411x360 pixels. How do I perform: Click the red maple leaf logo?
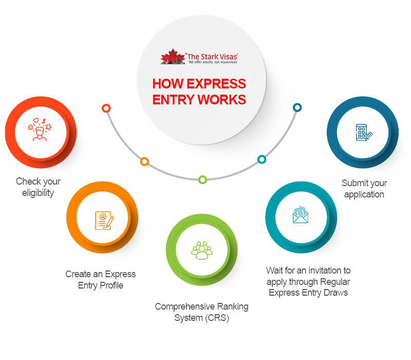point(173,56)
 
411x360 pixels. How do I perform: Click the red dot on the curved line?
point(106,108)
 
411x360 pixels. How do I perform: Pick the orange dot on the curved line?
point(144,161)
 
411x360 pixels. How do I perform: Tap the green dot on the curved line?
point(202,179)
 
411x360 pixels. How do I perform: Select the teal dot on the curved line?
point(261,159)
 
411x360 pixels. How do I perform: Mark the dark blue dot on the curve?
point(297,107)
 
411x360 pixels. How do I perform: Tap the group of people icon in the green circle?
point(201,249)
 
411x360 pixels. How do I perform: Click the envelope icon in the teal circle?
point(301,215)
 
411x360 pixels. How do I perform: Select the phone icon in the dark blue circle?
point(363,133)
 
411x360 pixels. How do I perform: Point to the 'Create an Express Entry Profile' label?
point(101,280)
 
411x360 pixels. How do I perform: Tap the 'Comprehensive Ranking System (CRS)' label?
point(201,312)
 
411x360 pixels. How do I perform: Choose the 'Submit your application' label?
point(365,189)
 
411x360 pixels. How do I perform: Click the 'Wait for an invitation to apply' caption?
point(308,281)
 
